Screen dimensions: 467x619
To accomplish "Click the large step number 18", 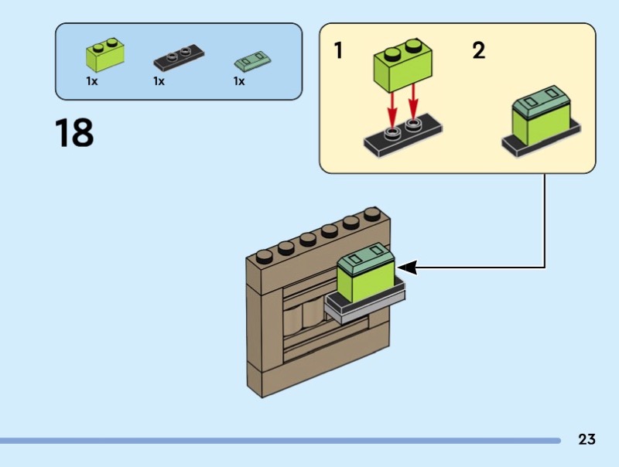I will click(74, 133).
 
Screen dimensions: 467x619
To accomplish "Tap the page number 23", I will click(587, 439).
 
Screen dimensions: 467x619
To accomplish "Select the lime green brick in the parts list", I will click(104, 54).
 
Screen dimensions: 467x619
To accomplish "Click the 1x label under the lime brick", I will click(92, 81).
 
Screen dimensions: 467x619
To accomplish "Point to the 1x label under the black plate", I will click(159, 81).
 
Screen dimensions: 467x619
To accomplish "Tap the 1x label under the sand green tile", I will click(239, 81).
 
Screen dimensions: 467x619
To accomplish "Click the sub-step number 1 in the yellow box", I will click(338, 52).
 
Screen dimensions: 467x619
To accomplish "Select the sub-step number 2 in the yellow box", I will click(479, 52).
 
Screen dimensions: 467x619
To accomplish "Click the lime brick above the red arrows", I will click(402, 66).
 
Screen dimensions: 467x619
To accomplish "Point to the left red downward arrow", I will click(393, 107).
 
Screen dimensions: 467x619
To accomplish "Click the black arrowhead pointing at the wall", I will click(408, 268).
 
